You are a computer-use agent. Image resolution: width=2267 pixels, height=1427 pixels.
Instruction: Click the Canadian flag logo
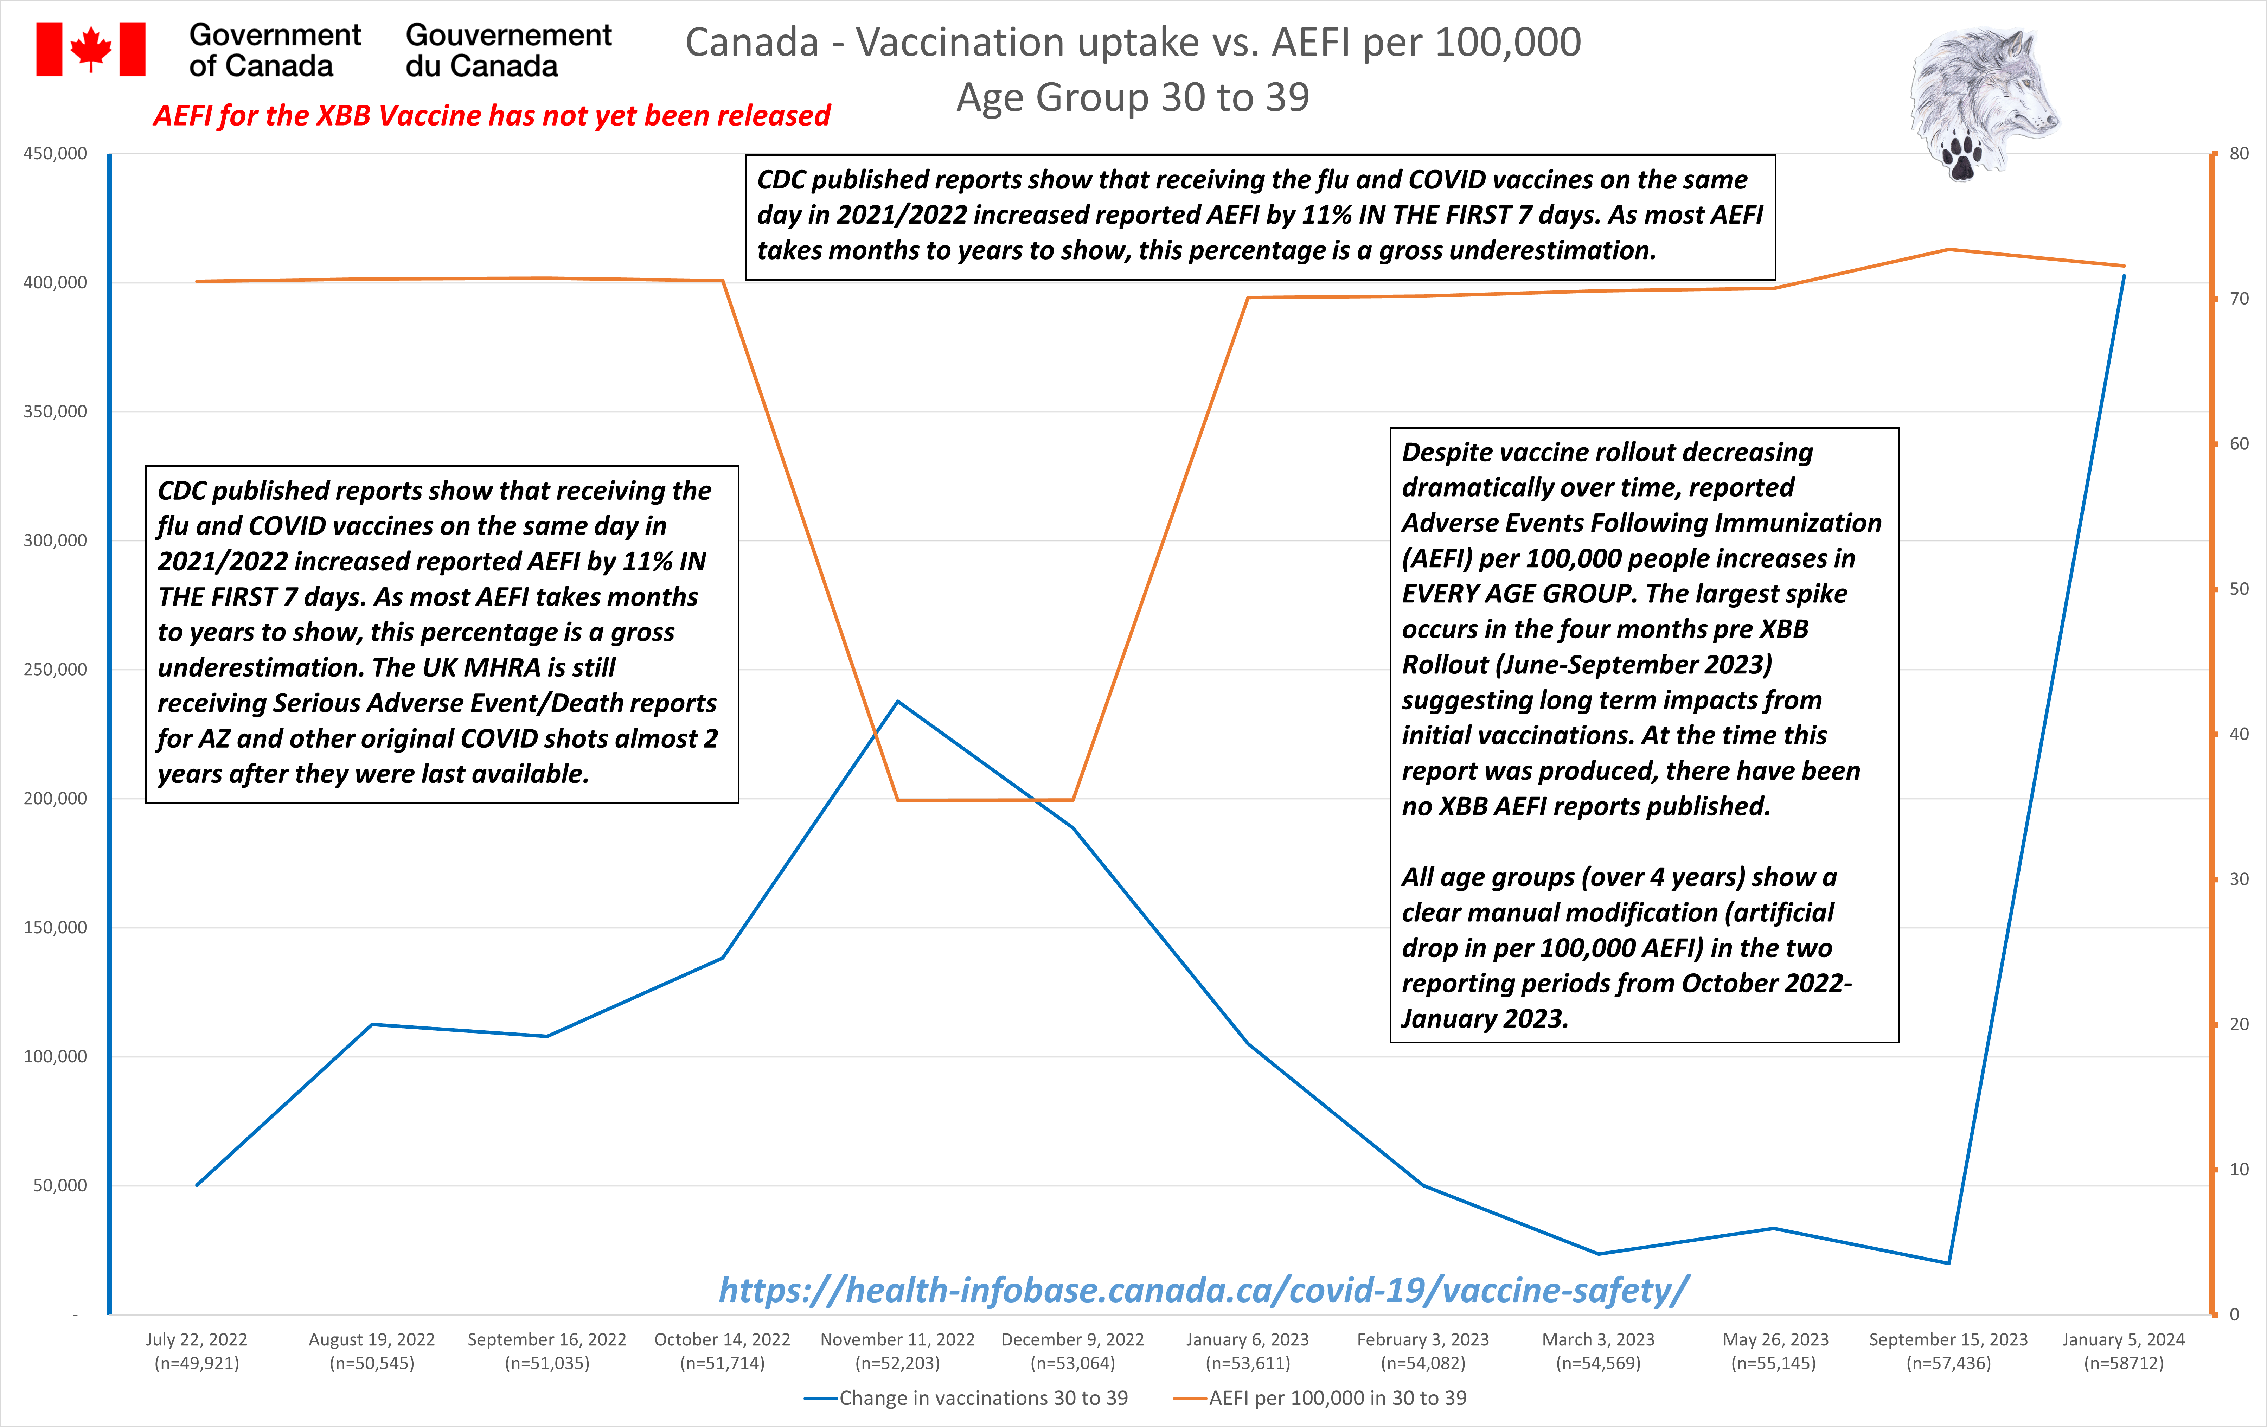[90, 49]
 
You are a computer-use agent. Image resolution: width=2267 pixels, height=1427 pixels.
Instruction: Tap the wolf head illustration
[1985, 94]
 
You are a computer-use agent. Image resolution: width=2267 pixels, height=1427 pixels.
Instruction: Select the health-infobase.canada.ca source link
[1204, 1290]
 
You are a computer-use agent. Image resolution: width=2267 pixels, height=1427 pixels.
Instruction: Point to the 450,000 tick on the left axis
[55, 153]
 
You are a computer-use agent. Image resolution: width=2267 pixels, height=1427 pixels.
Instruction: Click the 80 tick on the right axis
[2239, 153]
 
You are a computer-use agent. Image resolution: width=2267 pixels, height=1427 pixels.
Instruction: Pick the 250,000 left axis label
[55, 669]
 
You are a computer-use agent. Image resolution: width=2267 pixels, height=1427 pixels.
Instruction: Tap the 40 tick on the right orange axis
[2239, 733]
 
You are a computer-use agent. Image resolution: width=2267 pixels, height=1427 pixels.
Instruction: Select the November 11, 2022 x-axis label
[897, 1351]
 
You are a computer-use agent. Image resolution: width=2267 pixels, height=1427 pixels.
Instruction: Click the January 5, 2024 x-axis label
[2123, 1351]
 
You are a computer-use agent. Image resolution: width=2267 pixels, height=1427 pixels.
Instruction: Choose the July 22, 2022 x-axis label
[197, 1351]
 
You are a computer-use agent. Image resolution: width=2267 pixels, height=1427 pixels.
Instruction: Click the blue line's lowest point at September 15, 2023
[1948, 1263]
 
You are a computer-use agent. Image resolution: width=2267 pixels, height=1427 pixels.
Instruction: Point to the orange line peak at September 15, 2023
[1948, 249]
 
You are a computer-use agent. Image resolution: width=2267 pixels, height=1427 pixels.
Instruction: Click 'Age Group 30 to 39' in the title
[1133, 97]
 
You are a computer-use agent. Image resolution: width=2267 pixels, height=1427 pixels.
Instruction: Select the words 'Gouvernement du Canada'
[508, 50]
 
